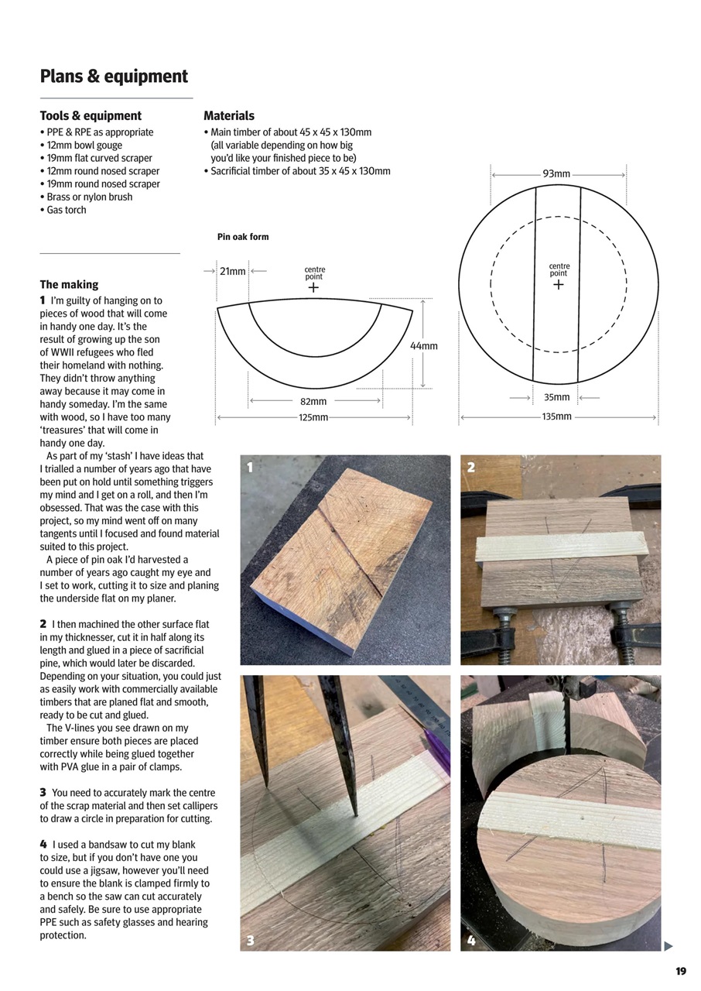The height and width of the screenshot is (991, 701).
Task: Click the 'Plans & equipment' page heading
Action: pos(114,77)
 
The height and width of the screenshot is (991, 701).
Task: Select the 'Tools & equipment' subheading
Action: pos(91,116)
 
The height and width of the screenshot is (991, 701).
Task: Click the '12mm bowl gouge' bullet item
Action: pos(84,145)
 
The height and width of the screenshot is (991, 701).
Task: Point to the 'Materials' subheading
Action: pos(229,116)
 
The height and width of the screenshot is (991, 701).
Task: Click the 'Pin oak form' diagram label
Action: pos(243,237)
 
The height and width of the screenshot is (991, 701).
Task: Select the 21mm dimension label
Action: pos(233,272)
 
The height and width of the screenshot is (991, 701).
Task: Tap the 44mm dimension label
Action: pos(424,346)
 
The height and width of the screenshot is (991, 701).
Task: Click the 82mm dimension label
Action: pos(313,402)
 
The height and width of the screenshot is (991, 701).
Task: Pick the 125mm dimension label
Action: pos(313,418)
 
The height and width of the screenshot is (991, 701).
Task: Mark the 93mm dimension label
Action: pos(556,174)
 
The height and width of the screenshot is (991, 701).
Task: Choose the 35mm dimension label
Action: pos(556,398)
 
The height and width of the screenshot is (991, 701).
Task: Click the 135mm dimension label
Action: pos(556,417)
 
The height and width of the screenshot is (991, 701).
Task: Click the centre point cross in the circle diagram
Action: pos(559,285)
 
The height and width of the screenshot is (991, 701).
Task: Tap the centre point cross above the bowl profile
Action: pos(313,287)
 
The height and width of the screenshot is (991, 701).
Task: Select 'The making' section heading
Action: pos(69,285)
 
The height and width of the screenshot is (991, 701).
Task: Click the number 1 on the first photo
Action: pos(250,467)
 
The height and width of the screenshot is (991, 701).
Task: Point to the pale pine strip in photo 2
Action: pos(561,547)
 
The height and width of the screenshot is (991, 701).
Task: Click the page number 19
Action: pos(681,972)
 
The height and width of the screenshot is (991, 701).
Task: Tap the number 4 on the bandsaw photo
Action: pos(471,941)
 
